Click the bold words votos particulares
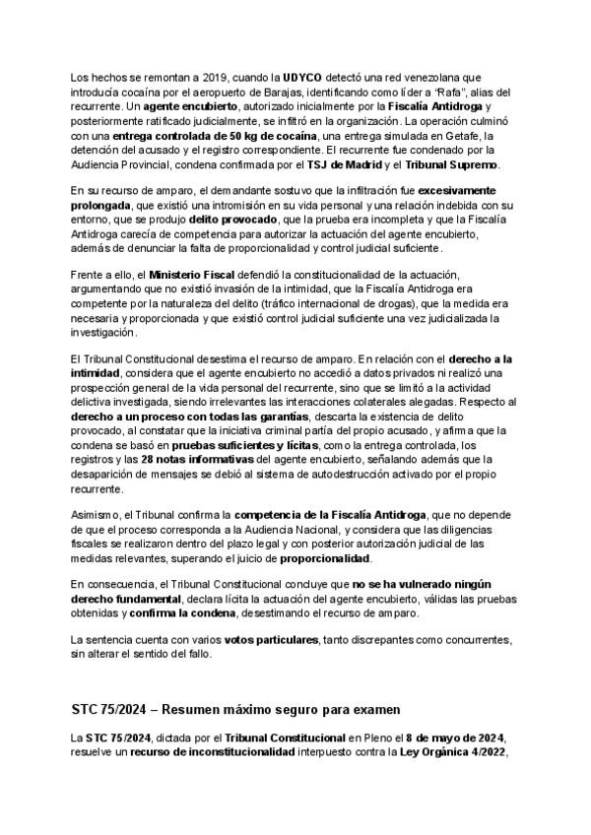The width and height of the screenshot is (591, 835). (271, 640)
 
